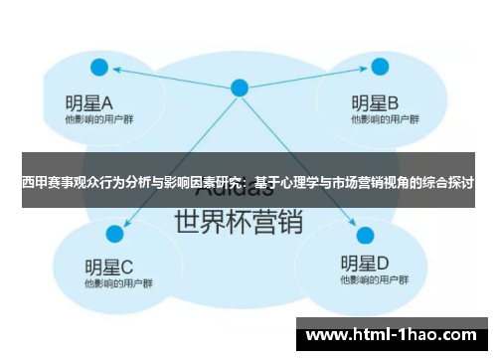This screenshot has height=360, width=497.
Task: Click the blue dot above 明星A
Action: pyautogui.click(x=99, y=68)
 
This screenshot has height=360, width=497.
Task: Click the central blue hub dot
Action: pyautogui.click(x=240, y=88)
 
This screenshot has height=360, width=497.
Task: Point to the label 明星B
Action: pyautogui.click(x=375, y=101)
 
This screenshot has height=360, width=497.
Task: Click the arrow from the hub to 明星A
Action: pyautogui.click(x=169, y=78)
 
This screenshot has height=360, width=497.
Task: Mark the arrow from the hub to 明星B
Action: pyautogui.click(x=308, y=78)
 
